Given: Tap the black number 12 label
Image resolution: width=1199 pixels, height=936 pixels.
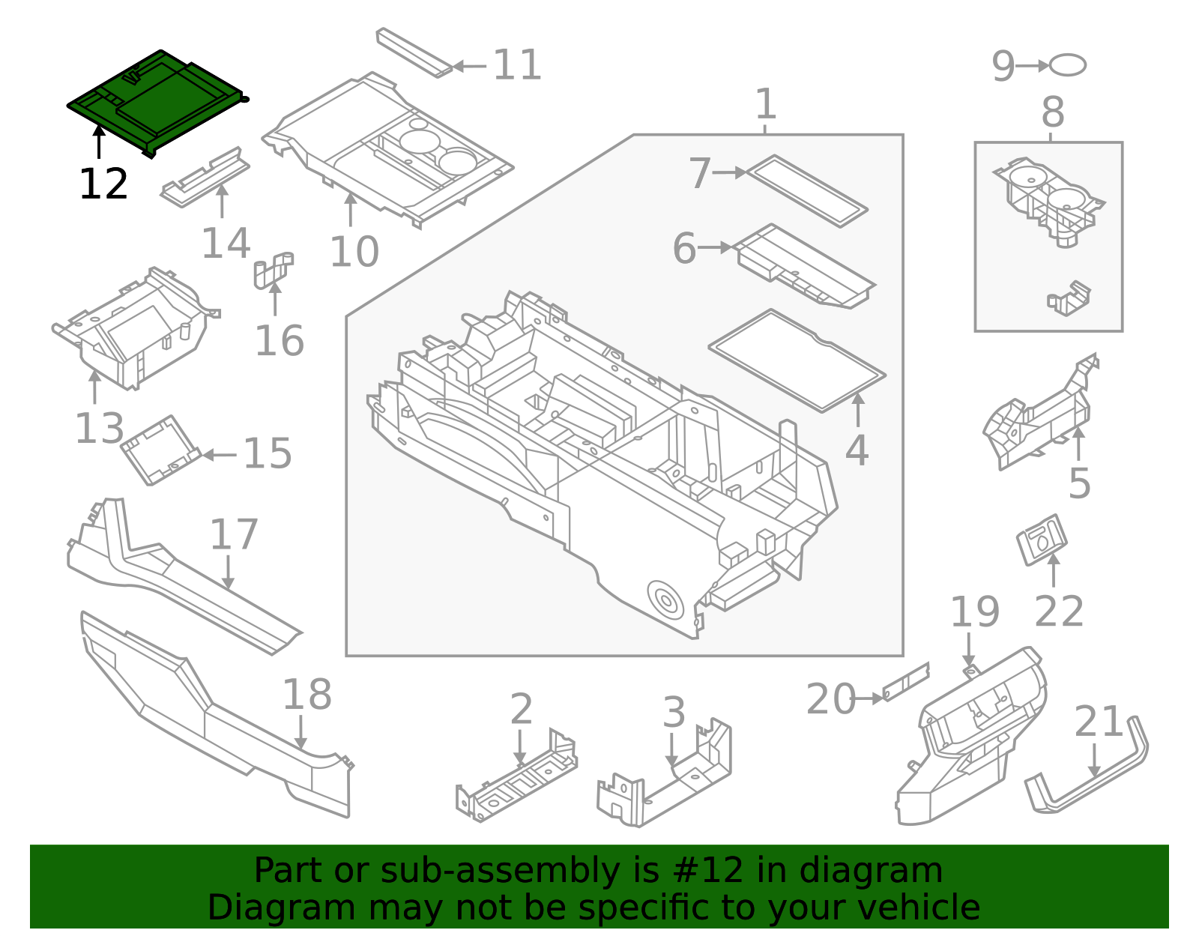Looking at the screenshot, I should point(103,184).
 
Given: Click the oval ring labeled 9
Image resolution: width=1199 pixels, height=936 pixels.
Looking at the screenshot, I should point(1067,65).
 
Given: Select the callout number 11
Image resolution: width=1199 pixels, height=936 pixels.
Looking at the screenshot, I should point(516,65).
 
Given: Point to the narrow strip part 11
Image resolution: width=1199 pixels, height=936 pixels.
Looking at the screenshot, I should point(414,52).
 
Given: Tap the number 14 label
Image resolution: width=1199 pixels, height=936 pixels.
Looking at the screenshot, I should point(225,244).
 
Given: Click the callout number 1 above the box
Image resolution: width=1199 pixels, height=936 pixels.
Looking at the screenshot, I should point(765,104).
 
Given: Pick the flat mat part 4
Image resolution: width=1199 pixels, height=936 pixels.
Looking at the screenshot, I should point(797,360).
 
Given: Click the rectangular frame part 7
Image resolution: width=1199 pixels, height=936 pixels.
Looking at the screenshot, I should point(807,190).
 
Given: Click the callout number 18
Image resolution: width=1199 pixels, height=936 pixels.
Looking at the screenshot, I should point(306,695).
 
